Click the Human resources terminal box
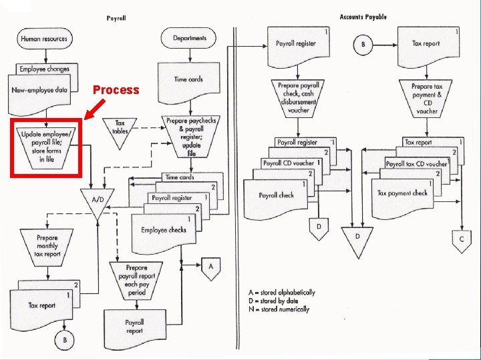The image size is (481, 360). point(44,39)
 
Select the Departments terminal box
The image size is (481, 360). point(190,39)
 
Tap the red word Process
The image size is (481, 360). point(116,90)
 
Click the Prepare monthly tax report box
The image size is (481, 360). point(47,245)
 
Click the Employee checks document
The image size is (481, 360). point(164,231)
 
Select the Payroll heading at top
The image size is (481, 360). point(117,18)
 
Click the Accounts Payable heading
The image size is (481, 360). point(363,17)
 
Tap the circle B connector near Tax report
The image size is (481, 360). point(363,45)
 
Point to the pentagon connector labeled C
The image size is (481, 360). point(461,239)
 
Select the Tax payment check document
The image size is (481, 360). point(402,195)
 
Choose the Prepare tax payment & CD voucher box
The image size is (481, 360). point(428,99)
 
